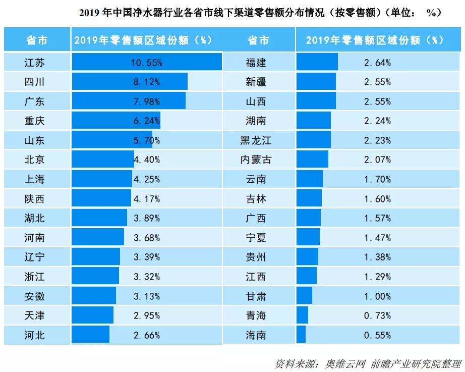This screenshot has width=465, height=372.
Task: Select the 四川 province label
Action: (34, 82)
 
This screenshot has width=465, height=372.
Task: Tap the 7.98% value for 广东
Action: (146, 101)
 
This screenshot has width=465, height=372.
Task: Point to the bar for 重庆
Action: (115, 121)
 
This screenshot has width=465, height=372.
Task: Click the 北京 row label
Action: (34, 160)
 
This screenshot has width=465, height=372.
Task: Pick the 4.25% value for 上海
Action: (146, 179)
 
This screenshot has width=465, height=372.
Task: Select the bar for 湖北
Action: (99, 218)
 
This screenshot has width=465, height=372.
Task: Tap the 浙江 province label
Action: (34, 276)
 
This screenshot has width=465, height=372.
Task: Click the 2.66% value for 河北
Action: (146, 335)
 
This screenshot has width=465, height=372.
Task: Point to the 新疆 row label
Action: (256, 82)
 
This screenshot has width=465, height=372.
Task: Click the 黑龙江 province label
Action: (256, 140)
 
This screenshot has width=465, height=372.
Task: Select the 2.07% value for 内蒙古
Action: (377, 160)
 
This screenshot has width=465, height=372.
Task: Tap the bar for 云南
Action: (310, 179)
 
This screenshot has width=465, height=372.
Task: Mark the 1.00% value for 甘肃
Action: (377, 296)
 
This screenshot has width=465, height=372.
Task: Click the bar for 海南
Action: (301, 335)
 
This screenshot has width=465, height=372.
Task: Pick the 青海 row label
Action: (256, 315)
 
